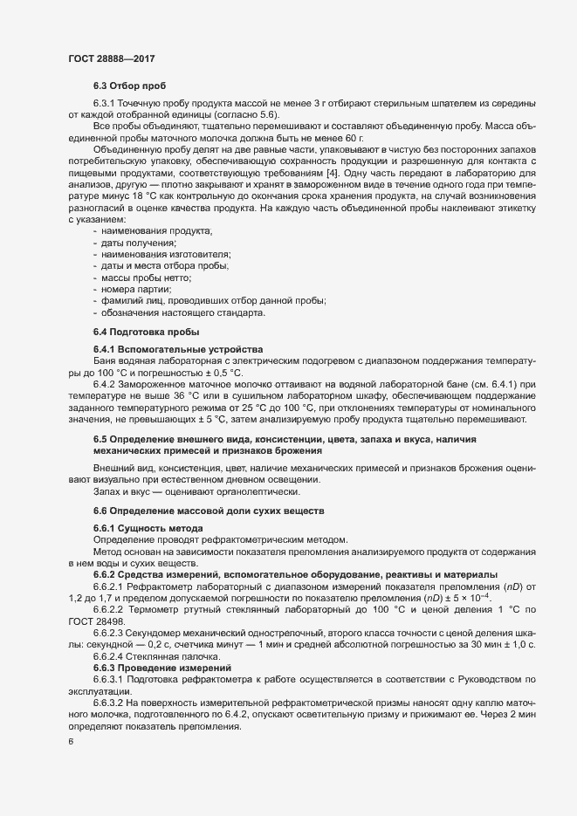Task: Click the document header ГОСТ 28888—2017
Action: [113, 58]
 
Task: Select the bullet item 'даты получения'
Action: [132, 242]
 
